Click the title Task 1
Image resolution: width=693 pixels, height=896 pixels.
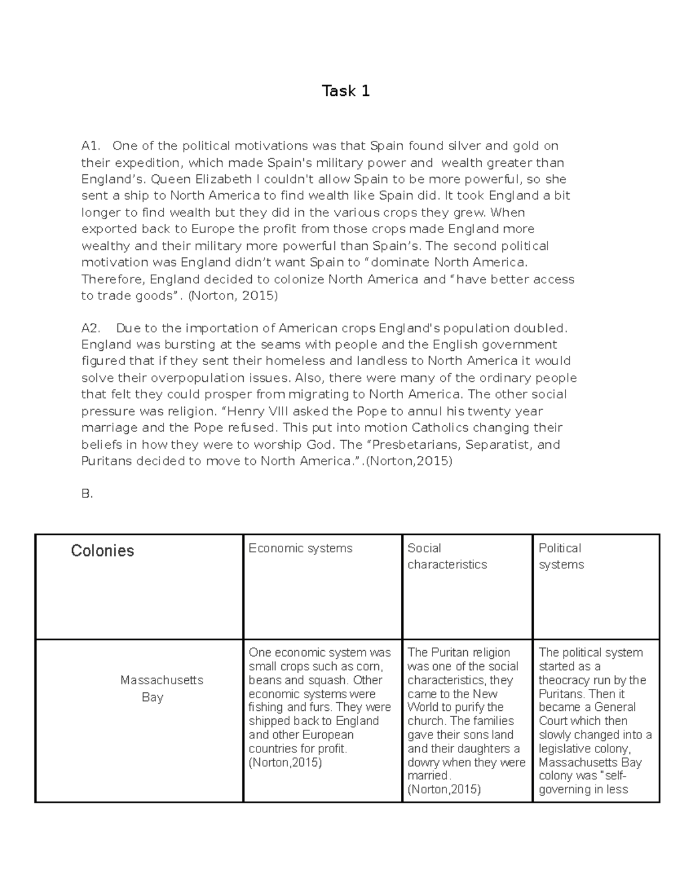coord(346,91)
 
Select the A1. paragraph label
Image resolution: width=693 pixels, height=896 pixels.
coord(91,146)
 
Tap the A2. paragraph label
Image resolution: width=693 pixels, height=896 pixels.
coord(91,328)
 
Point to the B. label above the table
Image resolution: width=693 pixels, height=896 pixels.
coord(87,494)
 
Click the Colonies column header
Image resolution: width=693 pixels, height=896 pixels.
coord(102,551)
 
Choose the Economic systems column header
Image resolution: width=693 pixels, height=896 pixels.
coord(300,548)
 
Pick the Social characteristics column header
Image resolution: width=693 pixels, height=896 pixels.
coord(447,556)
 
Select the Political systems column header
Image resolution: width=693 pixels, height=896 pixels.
coord(561,556)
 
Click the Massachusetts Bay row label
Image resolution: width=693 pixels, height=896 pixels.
coord(161,688)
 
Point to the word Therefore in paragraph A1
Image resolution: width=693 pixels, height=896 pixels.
coord(113,279)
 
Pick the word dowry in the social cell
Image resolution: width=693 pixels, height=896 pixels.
coord(423,762)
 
